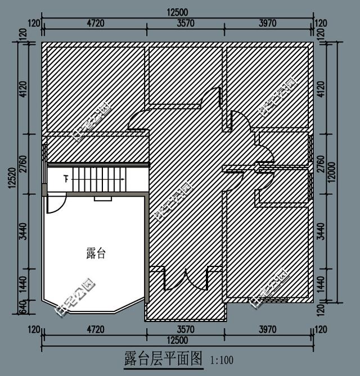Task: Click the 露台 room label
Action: pyautogui.click(x=96, y=253)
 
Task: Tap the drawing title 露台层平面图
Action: pyautogui.click(x=163, y=359)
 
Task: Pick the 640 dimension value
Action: pyautogui.click(x=23, y=307)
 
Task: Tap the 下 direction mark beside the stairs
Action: pyautogui.click(x=66, y=179)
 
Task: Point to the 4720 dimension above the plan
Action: pyautogui.click(x=93, y=23)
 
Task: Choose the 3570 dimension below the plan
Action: pyautogui.click(x=185, y=329)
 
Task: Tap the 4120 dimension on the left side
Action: pyautogui.click(x=23, y=89)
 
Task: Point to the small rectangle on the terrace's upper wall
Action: pyautogui.click(x=102, y=198)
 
